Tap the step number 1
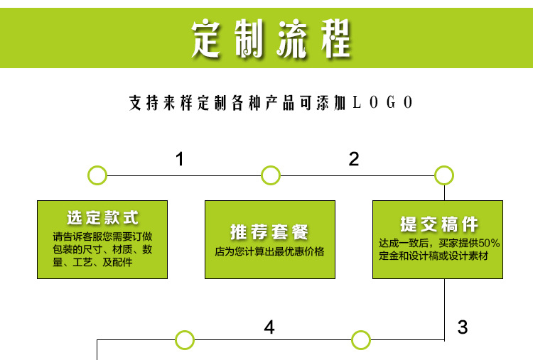pos(180,160)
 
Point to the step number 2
pos(354,160)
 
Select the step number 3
pos(463,327)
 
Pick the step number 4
pos(269,327)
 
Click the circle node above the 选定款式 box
pos(97,175)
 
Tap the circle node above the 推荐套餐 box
pos(271,175)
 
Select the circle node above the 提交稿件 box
pos(444,175)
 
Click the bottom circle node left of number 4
pos(185,340)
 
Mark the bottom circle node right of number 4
pos(361,340)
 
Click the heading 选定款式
pos(103,218)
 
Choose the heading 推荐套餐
pos(270,231)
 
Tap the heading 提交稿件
pos(438,225)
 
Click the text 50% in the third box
pos(489,243)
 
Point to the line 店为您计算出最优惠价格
pos(270,251)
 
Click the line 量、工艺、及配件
pos(92,263)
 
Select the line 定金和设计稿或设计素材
pos(434,256)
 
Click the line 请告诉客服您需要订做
pos(102,236)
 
